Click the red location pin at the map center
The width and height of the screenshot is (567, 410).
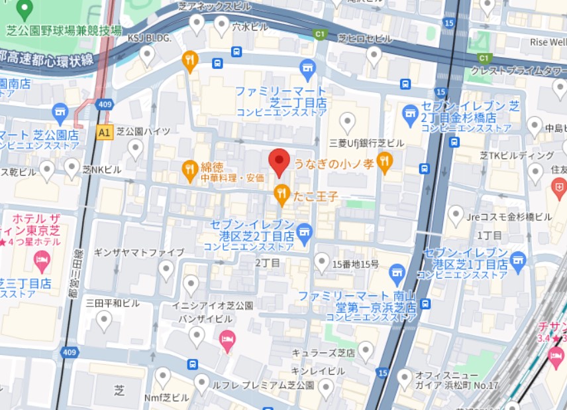pos(279,161)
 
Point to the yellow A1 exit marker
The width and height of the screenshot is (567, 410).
pos(104,133)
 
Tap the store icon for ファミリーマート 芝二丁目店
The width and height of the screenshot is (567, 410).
pos(307,68)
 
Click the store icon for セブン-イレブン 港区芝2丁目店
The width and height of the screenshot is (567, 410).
pos(304,232)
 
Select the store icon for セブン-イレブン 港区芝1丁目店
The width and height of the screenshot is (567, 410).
pos(518,259)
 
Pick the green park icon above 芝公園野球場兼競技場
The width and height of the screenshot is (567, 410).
pos(25,9)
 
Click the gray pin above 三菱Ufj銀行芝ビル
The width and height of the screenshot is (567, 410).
pos(347,122)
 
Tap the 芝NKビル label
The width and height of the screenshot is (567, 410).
pos(101,170)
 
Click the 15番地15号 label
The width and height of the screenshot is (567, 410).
pos(356,264)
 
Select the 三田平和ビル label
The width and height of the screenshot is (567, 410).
pos(113,303)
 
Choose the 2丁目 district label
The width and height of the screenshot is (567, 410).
pos(268,263)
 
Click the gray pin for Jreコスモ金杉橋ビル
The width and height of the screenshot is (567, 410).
pos(456,214)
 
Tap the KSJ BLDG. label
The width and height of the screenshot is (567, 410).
pos(149,38)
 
